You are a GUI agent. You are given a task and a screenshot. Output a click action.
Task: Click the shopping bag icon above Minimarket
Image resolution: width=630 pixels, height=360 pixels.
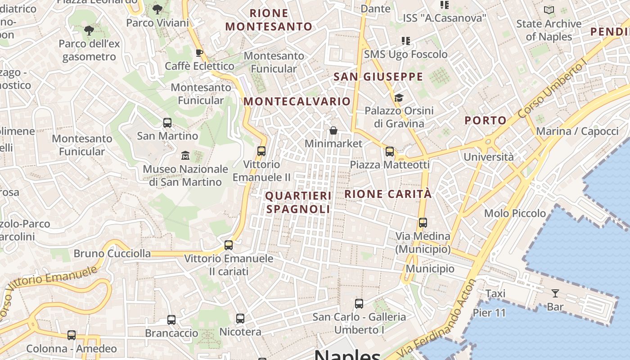[x=333, y=130]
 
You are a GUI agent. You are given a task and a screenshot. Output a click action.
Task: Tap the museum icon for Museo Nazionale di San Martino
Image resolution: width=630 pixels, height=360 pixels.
[x=185, y=156]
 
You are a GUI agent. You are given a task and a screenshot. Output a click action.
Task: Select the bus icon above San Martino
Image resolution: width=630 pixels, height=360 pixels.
[x=167, y=122]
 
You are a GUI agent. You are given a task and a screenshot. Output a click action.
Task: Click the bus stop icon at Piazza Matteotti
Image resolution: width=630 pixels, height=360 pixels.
[x=390, y=152]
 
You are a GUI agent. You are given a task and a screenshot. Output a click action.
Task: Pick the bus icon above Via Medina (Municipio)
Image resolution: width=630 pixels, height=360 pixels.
[x=423, y=223]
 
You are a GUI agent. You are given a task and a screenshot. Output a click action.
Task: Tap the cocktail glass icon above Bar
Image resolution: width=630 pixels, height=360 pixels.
[x=555, y=293]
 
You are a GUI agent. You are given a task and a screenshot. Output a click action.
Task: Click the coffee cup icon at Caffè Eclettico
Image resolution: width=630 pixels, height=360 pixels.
[x=199, y=53]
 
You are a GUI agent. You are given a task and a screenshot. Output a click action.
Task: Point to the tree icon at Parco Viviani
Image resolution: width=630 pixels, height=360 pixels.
[x=157, y=9]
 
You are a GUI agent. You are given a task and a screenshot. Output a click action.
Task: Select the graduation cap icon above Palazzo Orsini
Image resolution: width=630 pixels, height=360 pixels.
[x=399, y=98]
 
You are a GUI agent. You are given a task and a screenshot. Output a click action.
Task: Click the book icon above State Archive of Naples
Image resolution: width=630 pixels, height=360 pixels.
[x=549, y=10]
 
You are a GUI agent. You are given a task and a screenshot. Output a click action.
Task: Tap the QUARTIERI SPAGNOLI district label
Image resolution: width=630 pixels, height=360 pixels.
[x=298, y=202]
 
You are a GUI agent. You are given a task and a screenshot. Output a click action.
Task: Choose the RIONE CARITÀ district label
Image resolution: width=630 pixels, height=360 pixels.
[x=388, y=194]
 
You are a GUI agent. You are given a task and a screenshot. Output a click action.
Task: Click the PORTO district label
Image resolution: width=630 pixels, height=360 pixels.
[x=486, y=120]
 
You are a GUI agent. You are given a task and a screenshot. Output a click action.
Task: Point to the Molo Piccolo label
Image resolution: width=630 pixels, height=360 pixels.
[x=515, y=213]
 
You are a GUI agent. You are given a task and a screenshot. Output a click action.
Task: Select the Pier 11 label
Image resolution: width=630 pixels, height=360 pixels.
[x=489, y=313]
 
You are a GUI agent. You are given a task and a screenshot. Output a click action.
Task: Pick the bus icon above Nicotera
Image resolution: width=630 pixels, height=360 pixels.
[x=240, y=319]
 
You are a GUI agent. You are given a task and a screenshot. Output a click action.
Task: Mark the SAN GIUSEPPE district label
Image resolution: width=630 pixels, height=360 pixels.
[x=378, y=77]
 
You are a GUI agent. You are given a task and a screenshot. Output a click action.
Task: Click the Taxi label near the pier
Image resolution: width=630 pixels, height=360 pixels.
[x=495, y=294]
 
